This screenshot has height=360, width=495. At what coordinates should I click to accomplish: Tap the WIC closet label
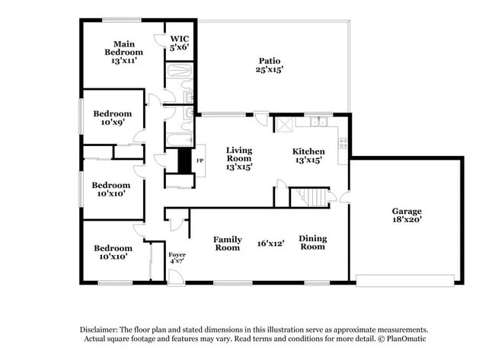179,43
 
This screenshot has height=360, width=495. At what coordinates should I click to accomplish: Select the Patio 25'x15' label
270,65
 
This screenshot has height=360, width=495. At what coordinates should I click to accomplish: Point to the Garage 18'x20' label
407,215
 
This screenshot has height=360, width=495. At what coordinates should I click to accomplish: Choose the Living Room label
238,158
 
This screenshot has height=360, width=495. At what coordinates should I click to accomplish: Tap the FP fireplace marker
200,161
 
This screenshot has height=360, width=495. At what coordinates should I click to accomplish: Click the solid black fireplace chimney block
184,160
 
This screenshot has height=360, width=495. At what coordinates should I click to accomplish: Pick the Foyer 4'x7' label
177,257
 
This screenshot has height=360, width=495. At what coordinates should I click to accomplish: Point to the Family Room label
227,243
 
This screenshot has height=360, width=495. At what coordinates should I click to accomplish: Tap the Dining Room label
312,242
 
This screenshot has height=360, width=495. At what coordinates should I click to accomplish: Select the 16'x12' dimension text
270,243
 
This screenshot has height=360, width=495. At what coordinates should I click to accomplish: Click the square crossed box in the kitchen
284,125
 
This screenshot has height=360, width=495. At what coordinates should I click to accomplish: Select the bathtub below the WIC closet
180,78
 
